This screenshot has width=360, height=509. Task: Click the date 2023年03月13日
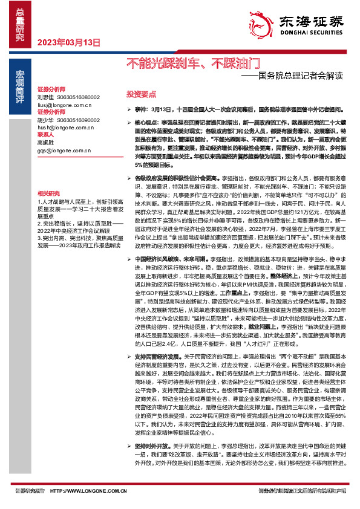(68, 42)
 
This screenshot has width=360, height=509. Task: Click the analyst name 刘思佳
(46, 97)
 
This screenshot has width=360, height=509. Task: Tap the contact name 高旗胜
(46, 142)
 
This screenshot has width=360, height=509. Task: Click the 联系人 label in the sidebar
(46, 135)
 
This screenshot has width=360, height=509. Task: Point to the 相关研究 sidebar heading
(48, 191)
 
